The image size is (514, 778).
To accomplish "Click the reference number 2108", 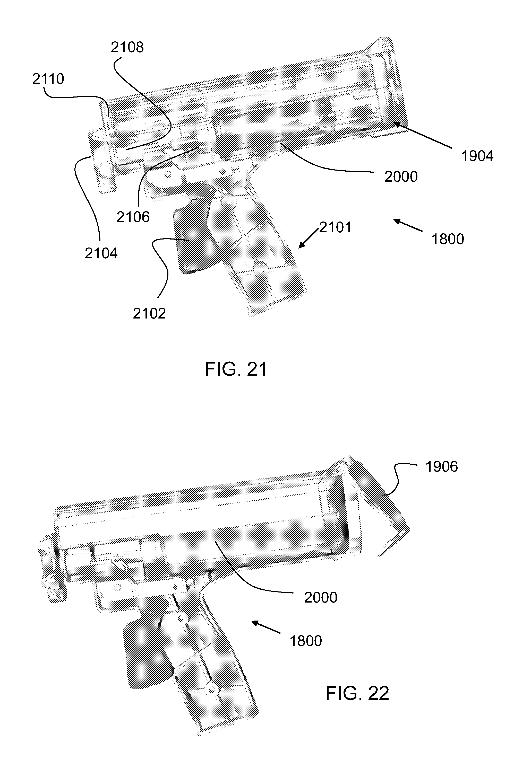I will pos(127,48).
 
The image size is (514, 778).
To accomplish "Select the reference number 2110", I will pos(48,79).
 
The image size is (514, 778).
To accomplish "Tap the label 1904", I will pos(477,156).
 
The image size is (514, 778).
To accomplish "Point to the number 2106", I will pos(133,217).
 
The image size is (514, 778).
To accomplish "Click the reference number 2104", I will pos(101,253).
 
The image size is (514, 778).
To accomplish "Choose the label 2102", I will pos(149,314).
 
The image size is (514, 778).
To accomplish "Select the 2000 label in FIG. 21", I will pos(401,177).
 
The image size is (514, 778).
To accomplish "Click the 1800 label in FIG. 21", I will pos(448,239).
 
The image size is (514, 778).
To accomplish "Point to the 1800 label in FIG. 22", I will pos(305,641).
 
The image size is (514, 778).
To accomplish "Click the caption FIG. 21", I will pos(236,369).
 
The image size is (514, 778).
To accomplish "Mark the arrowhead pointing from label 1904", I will pos(395,123).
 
